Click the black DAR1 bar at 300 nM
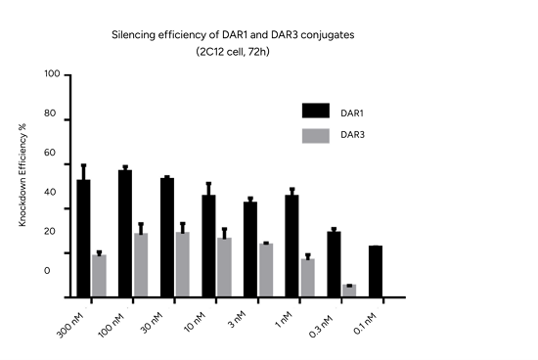[x=83, y=238]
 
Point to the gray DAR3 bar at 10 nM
[x=224, y=267]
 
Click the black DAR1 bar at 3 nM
[x=250, y=248]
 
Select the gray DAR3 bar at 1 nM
[x=308, y=277]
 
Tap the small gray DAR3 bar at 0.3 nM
[x=349, y=290]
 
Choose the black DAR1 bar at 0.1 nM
[x=376, y=271]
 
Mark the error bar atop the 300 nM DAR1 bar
[x=83, y=171]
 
